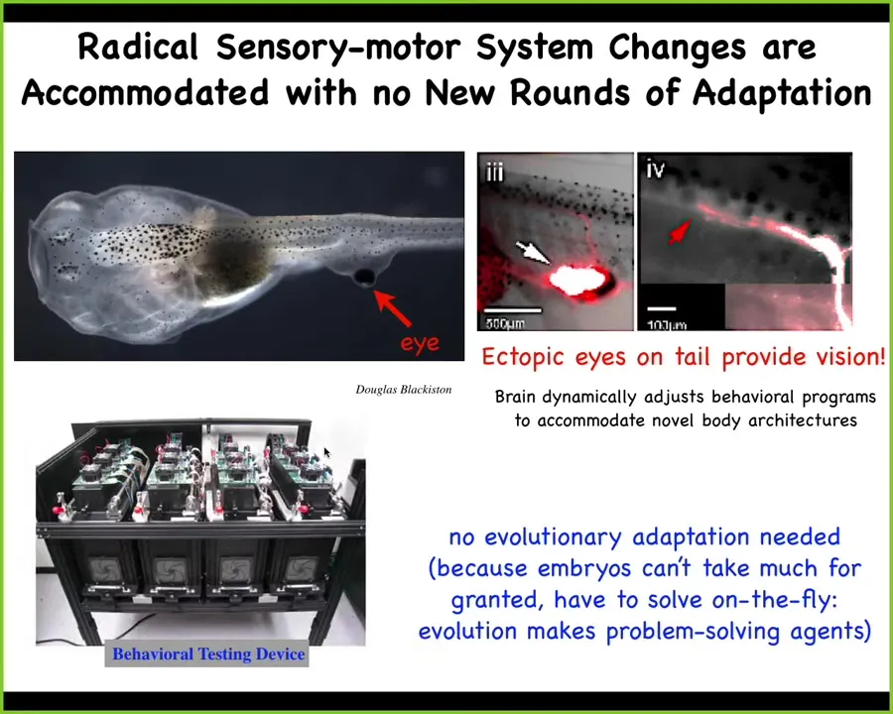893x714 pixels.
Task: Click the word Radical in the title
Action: (x=138, y=47)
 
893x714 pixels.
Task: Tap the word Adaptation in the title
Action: (x=782, y=93)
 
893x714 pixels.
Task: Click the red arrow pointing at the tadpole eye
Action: (x=392, y=308)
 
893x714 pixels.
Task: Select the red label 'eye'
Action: (x=420, y=343)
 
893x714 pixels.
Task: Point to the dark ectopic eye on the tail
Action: (x=364, y=277)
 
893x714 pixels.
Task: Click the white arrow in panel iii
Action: (x=533, y=252)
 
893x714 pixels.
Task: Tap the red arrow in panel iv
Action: (x=680, y=232)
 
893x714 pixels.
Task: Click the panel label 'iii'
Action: (x=494, y=171)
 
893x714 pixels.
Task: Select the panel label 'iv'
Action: (x=656, y=168)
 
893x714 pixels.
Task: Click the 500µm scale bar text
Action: (x=505, y=324)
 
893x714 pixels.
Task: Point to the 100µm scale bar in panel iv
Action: (x=661, y=309)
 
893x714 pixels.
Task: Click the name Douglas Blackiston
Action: (x=403, y=390)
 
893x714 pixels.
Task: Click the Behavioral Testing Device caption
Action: (x=208, y=654)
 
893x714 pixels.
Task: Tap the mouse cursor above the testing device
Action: (x=326, y=452)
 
